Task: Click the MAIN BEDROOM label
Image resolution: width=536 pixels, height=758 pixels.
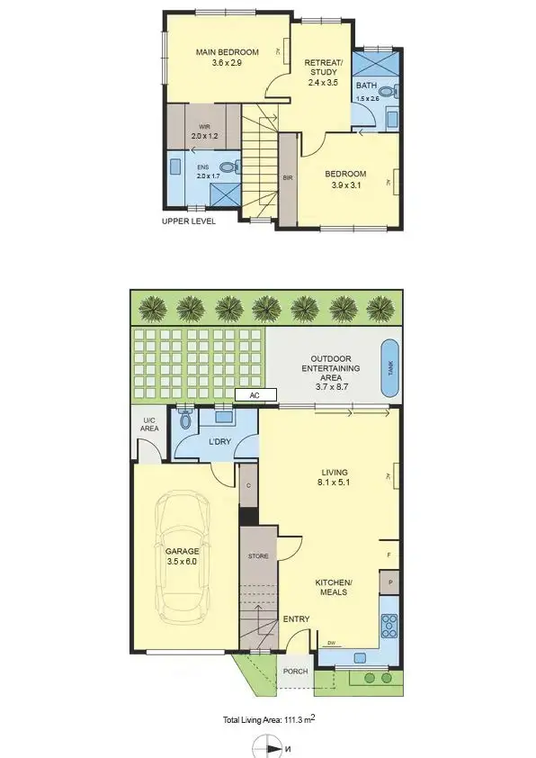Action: pos(228,52)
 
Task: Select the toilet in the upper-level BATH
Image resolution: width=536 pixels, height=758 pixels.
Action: pos(387,91)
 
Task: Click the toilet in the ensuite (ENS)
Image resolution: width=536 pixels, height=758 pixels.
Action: pos(228,167)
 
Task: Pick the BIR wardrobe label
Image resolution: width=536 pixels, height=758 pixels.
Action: pos(288,178)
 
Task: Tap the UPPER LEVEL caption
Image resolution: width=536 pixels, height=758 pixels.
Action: pos(189,221)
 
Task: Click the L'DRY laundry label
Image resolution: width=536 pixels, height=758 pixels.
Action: pos(221,442)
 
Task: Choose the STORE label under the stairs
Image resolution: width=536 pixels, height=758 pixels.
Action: pos(258,556)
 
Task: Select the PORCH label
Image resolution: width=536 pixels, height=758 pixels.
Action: pos(295,671)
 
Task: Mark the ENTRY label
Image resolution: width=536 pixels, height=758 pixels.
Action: pos(296,619)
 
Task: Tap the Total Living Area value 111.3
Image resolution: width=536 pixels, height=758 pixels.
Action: pos(297,720)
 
